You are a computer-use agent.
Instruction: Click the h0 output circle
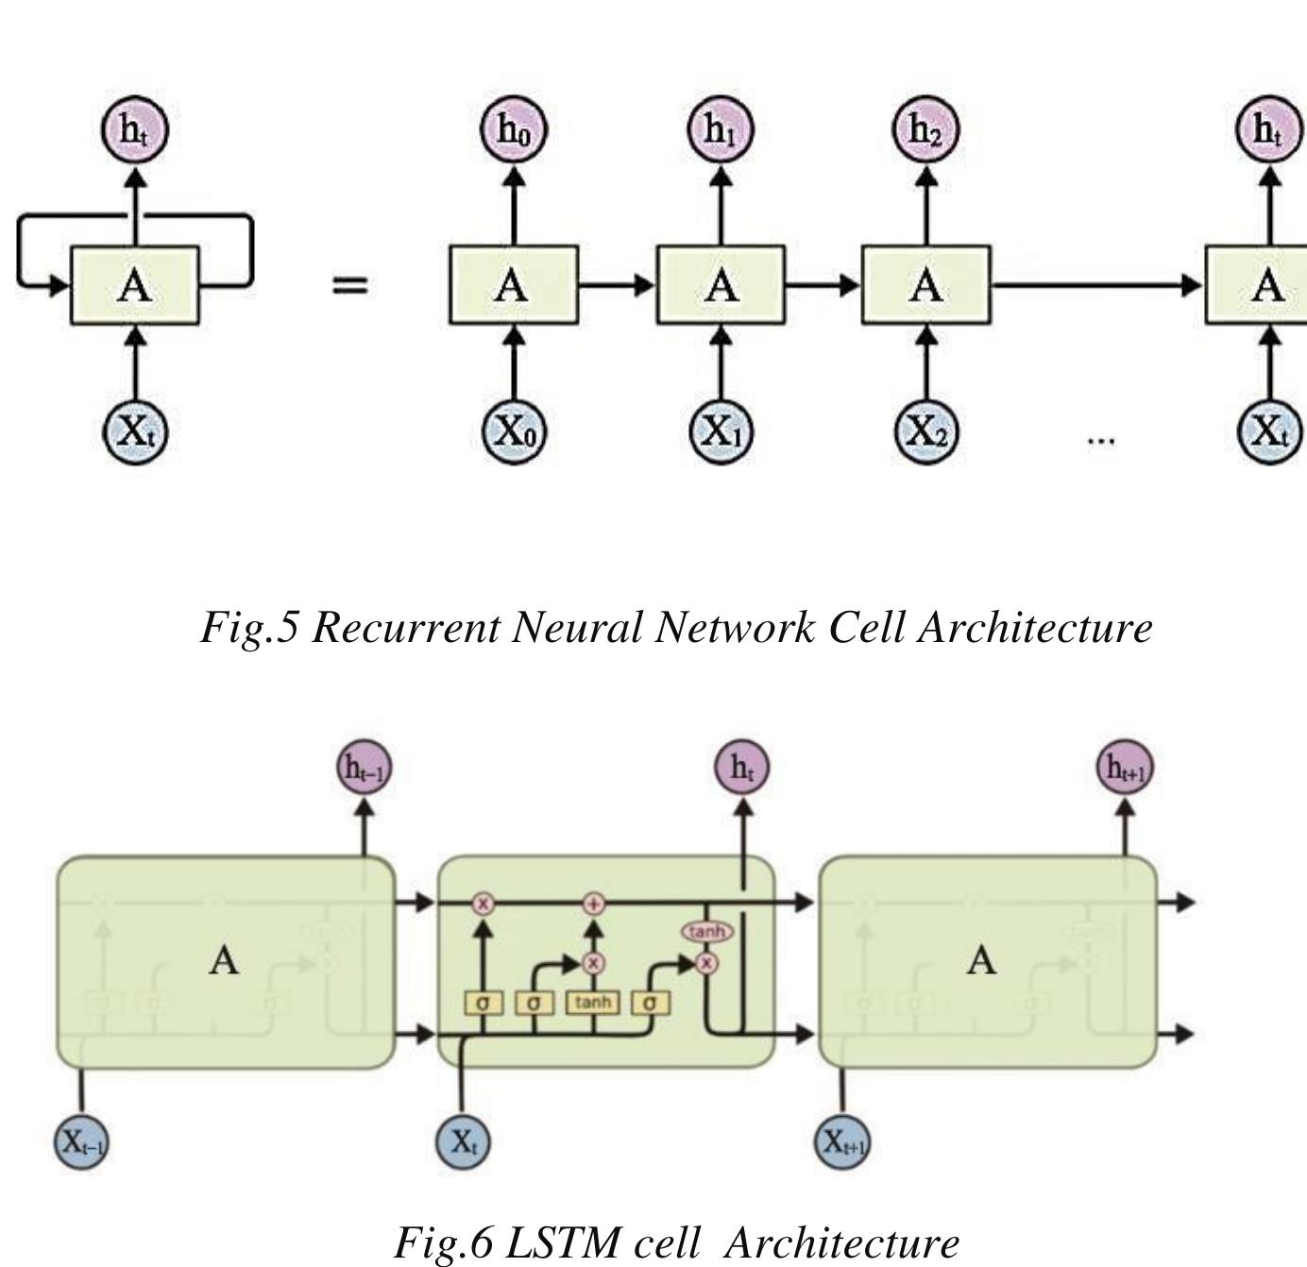tap(514, 129)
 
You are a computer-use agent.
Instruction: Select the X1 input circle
tap(721, 431)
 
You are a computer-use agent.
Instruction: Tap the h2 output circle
tap(925, 129)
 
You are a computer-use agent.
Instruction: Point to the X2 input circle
tap(925, 431)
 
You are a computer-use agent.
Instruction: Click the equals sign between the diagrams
tap(349, 284)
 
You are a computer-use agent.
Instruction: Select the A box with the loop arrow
tap(135, 285)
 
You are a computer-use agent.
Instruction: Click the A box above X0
tap(514, 285)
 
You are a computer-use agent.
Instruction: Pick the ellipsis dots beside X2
tap(1101, 439)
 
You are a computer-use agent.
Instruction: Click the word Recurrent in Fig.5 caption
tap(404, 627)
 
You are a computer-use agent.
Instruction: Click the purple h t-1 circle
tap(365, 768)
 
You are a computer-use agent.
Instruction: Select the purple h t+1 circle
tap(1125, 768)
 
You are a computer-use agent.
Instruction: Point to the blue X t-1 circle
tap(82, 1141)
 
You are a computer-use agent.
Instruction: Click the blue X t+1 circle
tap(842, 1141)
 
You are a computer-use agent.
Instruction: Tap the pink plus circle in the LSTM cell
tap(593, 904)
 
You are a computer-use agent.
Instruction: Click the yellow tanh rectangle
tap(593, 1002)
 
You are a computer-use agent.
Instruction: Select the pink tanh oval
tap(706, 932)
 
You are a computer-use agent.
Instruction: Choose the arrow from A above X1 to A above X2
tap(823, 284)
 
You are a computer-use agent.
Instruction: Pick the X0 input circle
tap(514, 431)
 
